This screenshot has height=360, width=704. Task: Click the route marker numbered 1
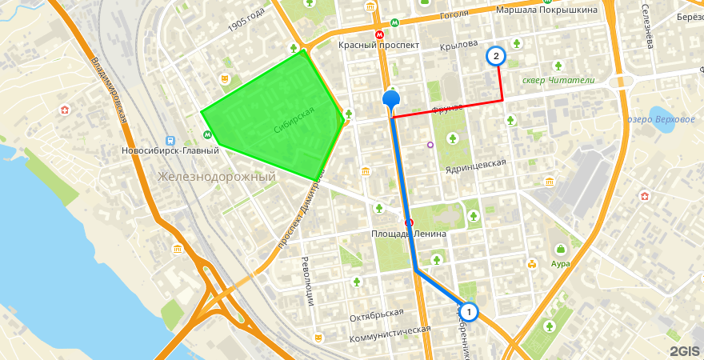[468, 311]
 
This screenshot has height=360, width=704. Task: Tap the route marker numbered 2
[496, 56]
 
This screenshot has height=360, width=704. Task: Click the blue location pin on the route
[391, 100]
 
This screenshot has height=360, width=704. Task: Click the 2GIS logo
[684, 350]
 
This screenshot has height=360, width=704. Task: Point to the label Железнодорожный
[217, 177]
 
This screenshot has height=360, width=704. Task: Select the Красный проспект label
[378, 46]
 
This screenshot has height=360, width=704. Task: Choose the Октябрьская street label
[377, 314]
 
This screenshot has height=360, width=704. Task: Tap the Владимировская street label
[109, 88]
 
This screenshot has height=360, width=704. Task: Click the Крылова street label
[458, 45]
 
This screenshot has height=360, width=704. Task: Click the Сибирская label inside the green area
[294, 120]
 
